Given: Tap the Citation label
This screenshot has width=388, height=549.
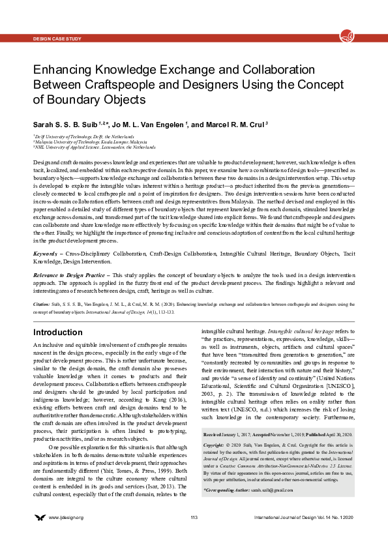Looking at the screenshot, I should [x=41, y=304].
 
